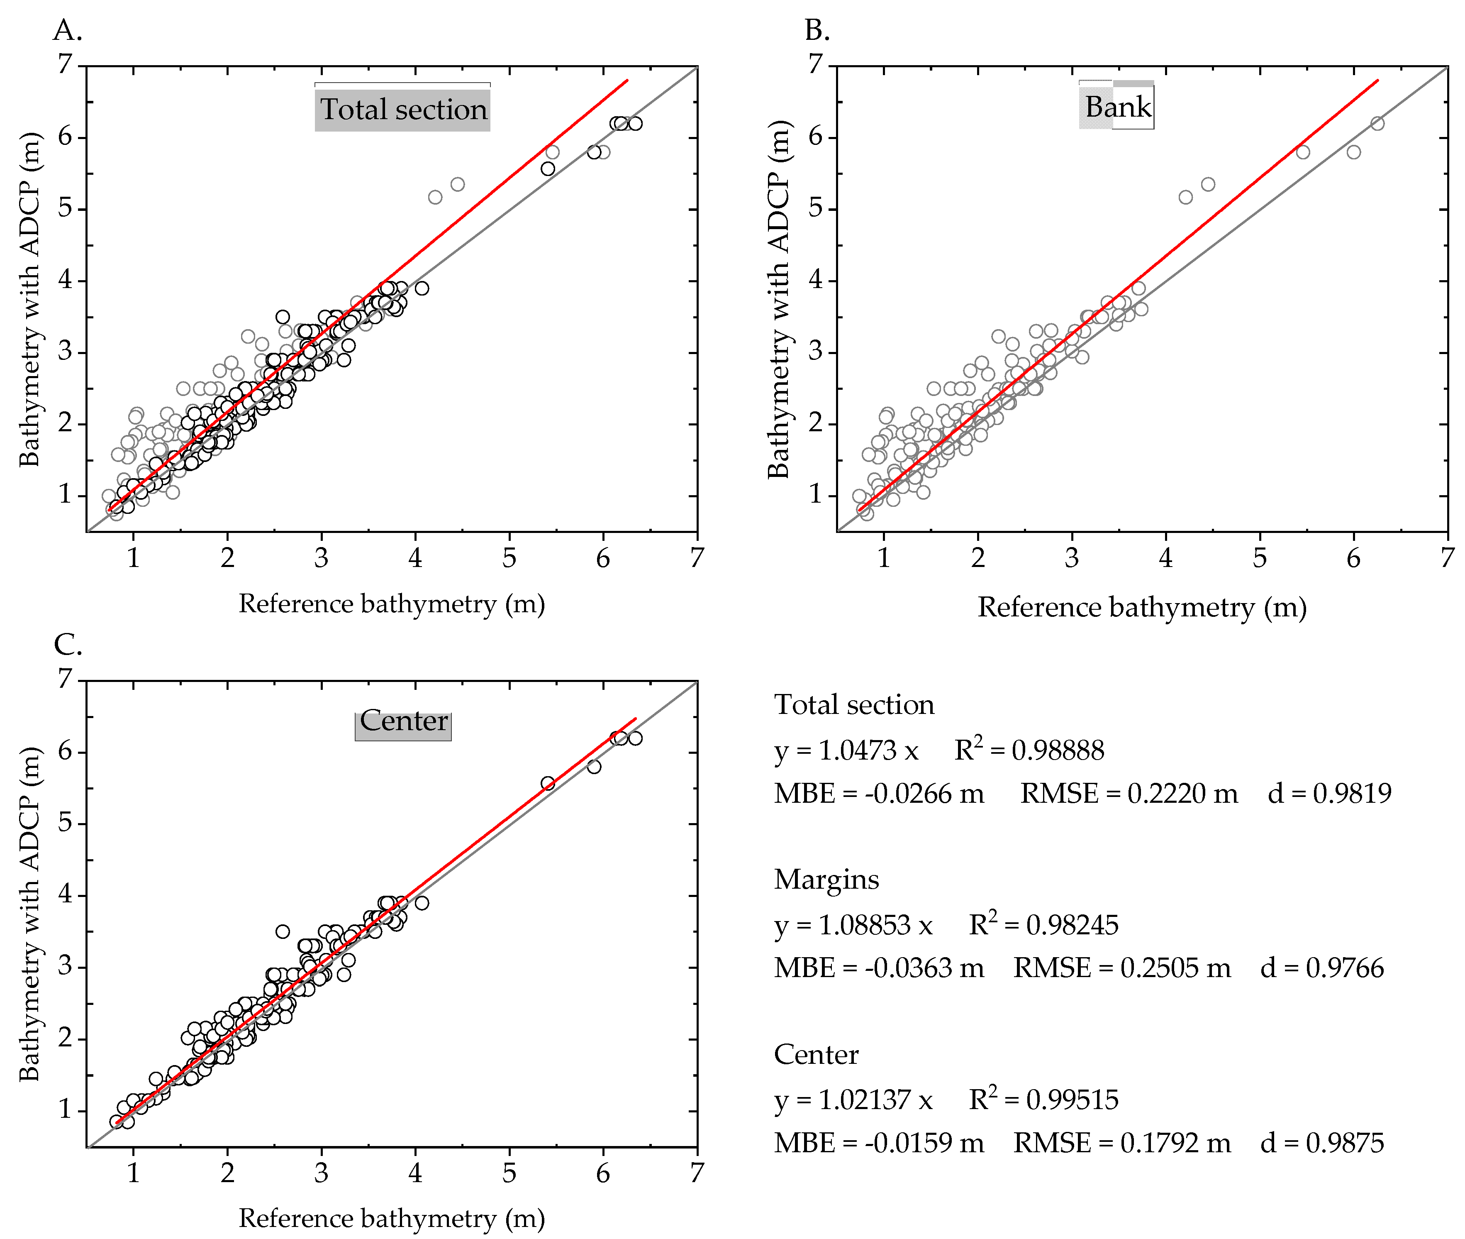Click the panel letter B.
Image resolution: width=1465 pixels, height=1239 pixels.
tap(817, 30)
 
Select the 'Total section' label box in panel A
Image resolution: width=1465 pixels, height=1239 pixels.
tap(402, 109)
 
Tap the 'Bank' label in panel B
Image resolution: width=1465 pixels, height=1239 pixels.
tap(1118, 107)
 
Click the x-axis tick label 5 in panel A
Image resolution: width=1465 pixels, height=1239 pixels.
tap(509, 558)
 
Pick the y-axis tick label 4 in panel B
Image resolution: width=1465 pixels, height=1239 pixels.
tap(814, 280)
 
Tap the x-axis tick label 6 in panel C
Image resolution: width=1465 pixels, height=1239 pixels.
tap(602, 1173)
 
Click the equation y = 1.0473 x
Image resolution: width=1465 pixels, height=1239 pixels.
tap(846, 750)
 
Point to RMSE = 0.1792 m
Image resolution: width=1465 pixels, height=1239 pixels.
tap(1122, 1143)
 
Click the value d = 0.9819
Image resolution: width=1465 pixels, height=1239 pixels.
tap(1329, 793)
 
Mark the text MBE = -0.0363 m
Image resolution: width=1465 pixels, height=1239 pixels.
tap(878, 968)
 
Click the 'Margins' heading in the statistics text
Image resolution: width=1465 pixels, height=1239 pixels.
tap(826, 880)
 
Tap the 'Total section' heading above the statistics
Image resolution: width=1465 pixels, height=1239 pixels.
tap(853, 704)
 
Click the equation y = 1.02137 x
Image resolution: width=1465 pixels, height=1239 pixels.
tap(853, 1099)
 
